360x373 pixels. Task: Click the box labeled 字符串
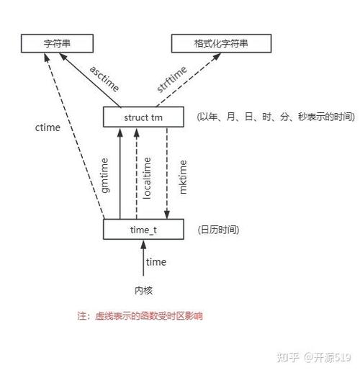(57, 43)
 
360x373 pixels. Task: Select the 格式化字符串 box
(221, 43)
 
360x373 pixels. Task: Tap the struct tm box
(143, 117)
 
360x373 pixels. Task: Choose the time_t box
(143, 229)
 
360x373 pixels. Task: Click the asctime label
(104, 79)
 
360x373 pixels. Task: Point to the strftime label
(171, 79)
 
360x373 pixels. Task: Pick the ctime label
(48, 127)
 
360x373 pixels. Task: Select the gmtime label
(105, 175)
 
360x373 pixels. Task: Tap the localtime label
(147, 178)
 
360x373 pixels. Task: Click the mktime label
(183, 177)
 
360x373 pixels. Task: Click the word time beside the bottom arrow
(156, 261)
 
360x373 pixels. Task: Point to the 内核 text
(143, 290)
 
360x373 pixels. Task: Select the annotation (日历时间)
(218, 230)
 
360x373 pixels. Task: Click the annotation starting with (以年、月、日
(276, 117)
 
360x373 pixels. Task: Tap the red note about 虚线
(140, 316)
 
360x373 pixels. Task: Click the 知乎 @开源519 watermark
(314, 357)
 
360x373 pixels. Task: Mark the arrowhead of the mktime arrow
(167, 215)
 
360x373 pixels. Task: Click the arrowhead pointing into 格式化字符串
(217, 56)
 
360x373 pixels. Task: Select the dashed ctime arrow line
(75, 136)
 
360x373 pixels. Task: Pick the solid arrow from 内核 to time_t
(143, 259)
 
